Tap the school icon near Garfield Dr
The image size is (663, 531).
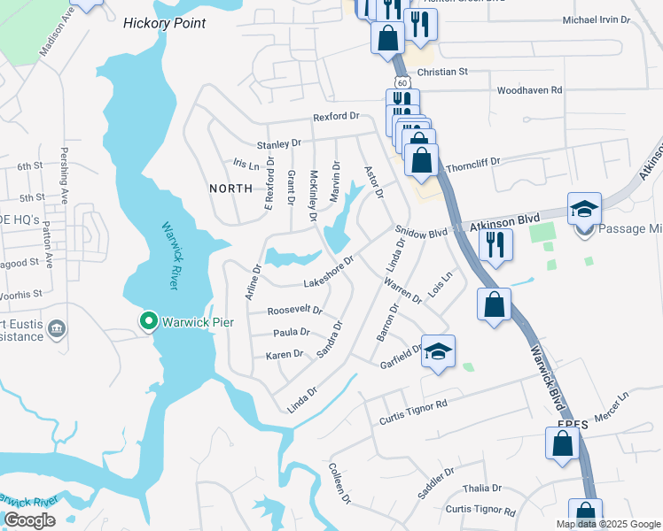pyautogui.click(x=437, y=351)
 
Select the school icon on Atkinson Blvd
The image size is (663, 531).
pyautogui.click(x=585, y=209)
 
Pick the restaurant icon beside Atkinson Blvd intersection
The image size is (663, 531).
pyautogui.click(x=495, y=243)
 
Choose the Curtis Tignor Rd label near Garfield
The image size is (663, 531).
pyautogui.click(x=413, y=409)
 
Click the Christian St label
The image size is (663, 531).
pyautogui.click(x=441, y=72)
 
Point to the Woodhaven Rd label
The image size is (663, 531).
pyautogui.click(x=529, y=90)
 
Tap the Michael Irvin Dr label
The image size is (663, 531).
pyautogui.click(x=596, y=19)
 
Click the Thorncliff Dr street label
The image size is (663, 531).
pyautogui.click(x=473, y=163)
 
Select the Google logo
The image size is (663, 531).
pyautogui.click(x=29, y=520)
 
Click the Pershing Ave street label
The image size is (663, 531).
pyautogui.click(x=64, y=170)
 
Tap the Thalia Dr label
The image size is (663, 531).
pyautogui.click(x=484, y=488)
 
